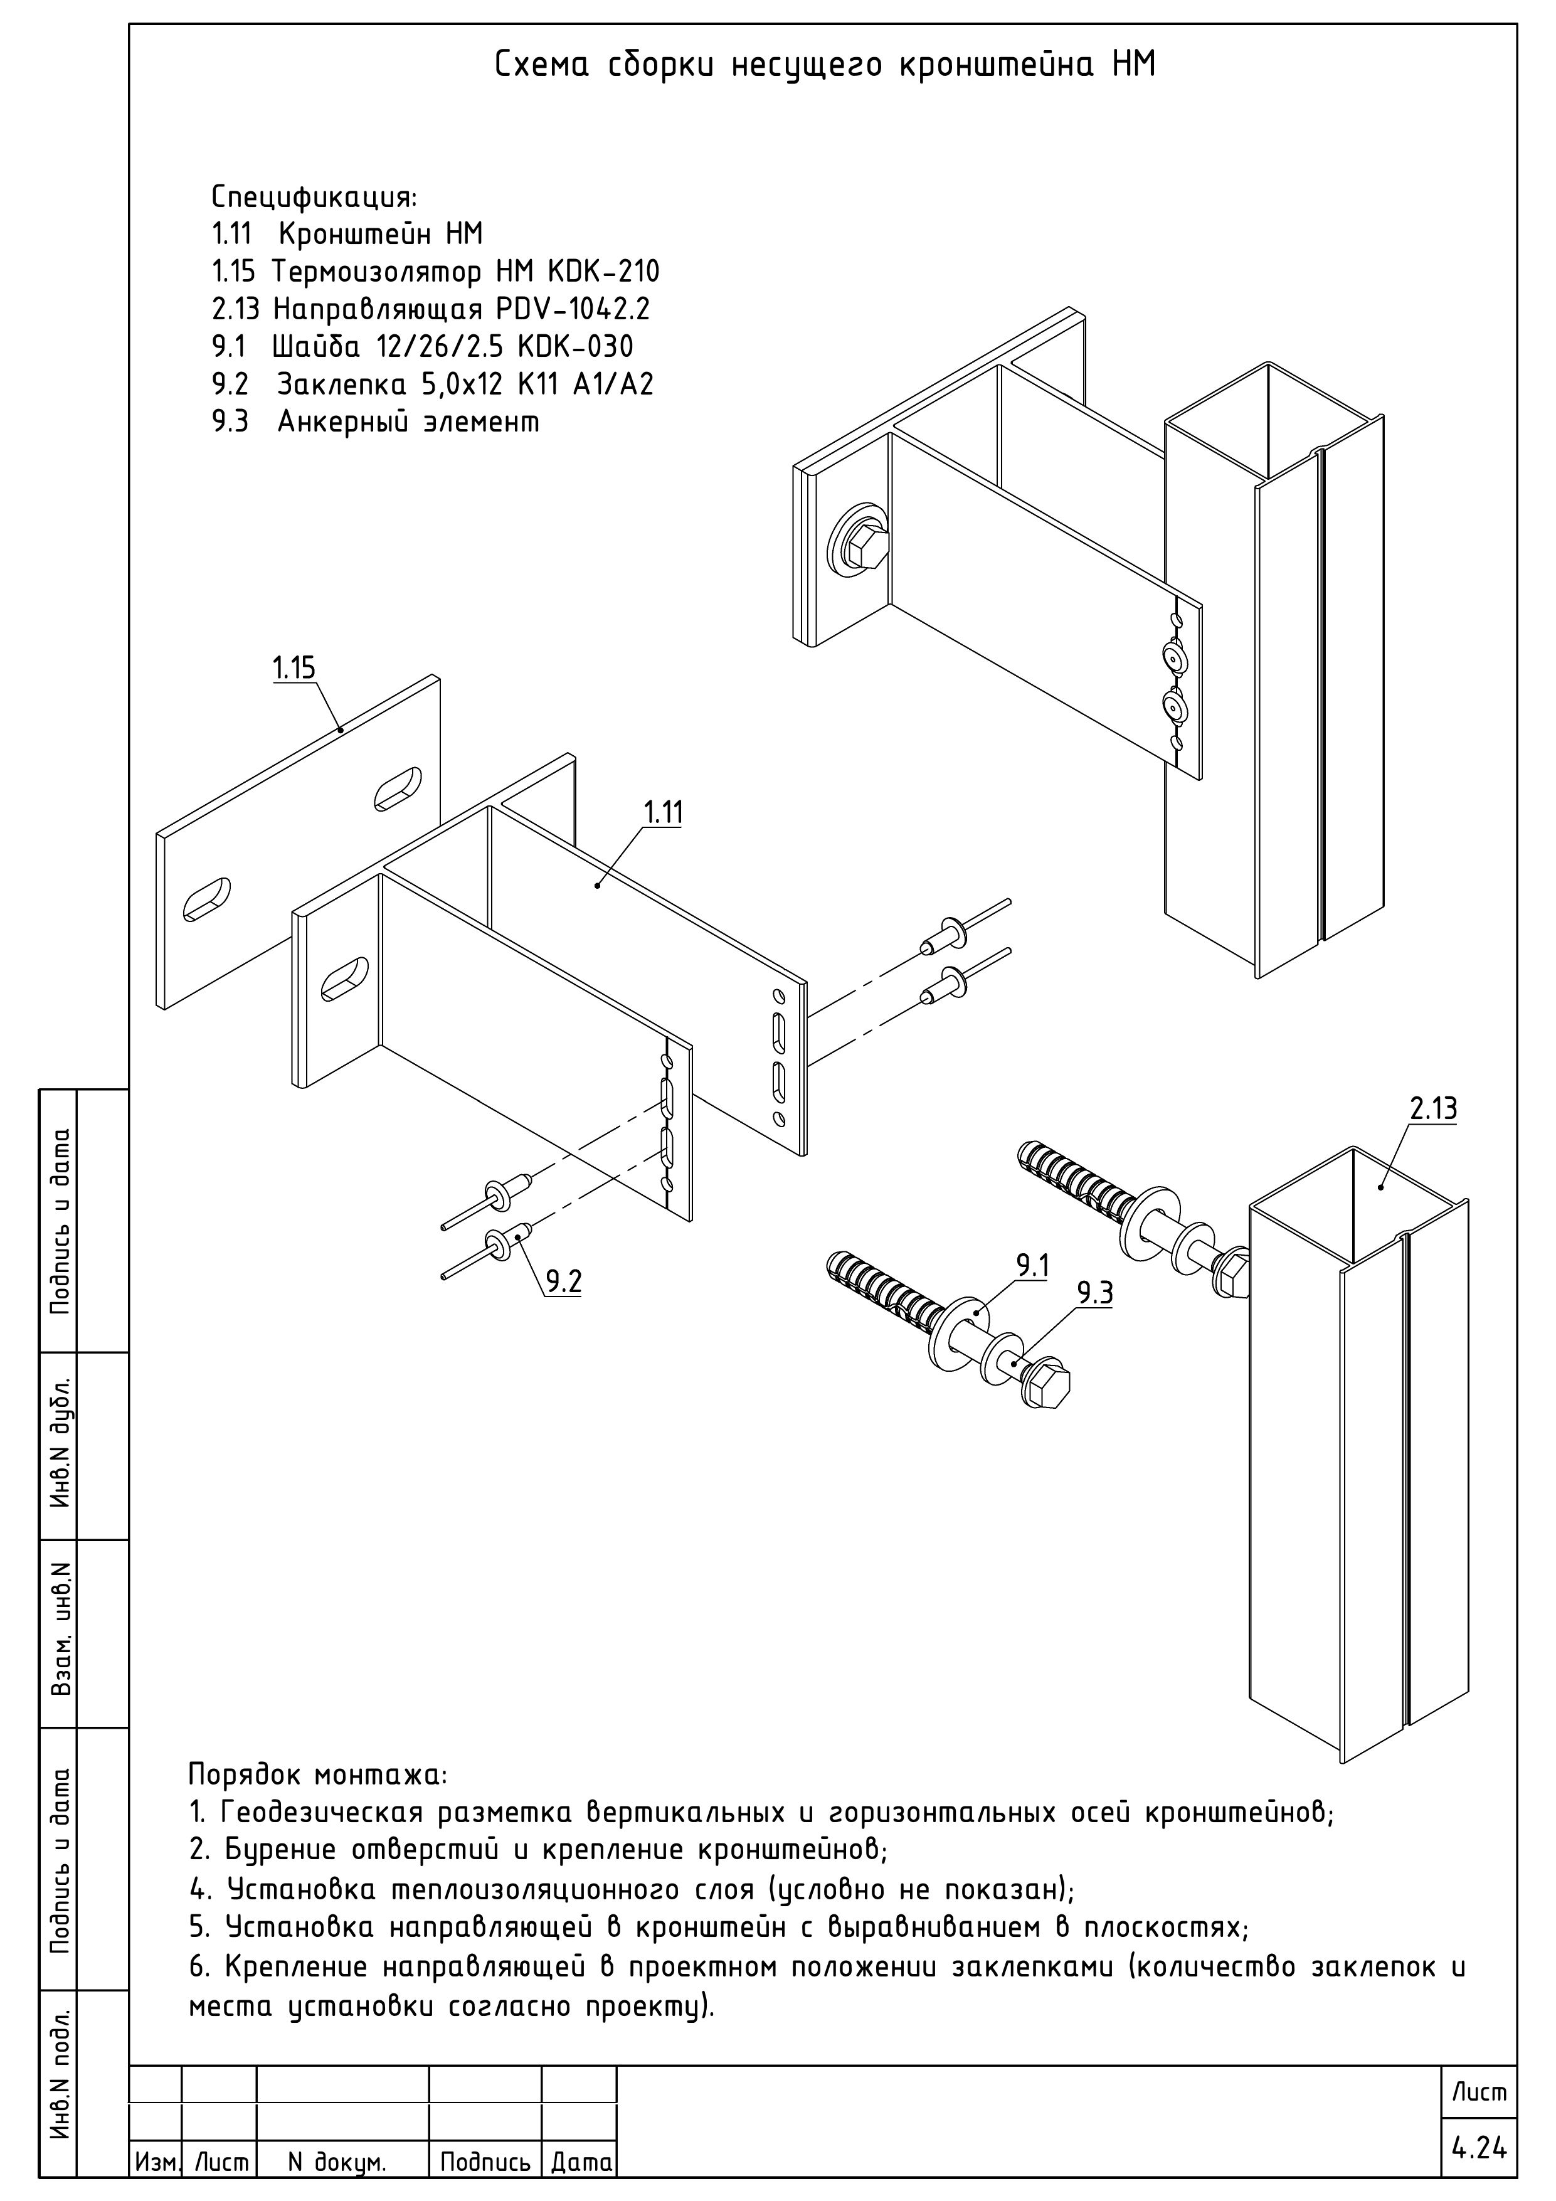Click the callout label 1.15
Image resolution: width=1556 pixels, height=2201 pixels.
pyautogui.click(x=294, y=668)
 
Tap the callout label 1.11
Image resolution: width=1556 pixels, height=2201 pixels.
pyautogui.click(x=662, y=813)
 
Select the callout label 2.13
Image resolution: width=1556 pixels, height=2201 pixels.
pyautogui.click(x=1433, y=1109)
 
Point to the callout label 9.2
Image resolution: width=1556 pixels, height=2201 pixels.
pyautogui.click(x=564, y=1281)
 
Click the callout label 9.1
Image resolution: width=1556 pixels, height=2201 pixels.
pyautogui.click(x=1032, y=1266)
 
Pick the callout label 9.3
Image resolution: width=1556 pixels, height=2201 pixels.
pyautogui.click(x=1094, y=1294)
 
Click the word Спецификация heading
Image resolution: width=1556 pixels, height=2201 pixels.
pyautogui.click(x=314, y=198)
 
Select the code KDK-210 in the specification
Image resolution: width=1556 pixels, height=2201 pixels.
pyautogui.click(x=603, y=272)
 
